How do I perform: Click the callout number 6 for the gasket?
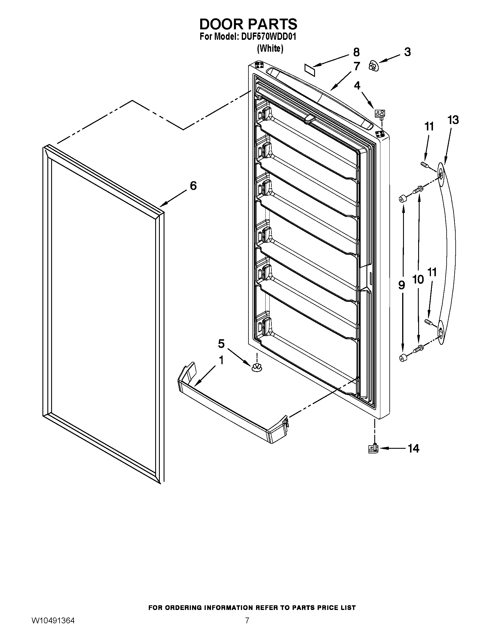[x=193, y=186]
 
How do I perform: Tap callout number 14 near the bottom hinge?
[x=414, y=448]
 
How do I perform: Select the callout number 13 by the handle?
[x=453, y=120]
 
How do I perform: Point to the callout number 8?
[x=356, y=52]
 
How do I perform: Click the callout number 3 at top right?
[x=407, y=52]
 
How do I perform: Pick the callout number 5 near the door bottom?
[x=221, y=344]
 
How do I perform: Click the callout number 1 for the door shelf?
[x=221, y=360]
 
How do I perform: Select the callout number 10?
[x=418, y=279]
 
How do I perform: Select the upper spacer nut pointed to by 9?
[x=403, y=200]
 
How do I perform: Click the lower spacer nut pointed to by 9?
[x=403, y=357]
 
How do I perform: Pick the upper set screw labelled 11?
[x=424, y=165]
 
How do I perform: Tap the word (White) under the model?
[x=270, y=49]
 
